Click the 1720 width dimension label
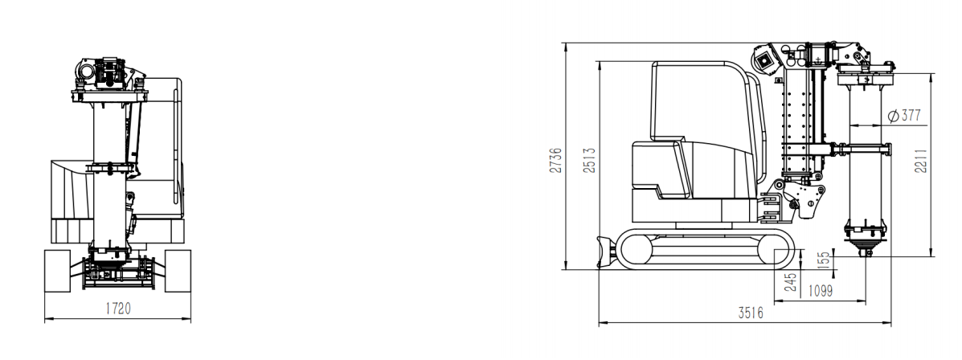[118, 309]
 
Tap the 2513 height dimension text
[590, 160]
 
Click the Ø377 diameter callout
[904, 115]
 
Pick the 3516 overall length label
[751, 313]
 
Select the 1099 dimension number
[820, 292]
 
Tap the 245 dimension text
[791, 281]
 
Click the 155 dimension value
[825, 260]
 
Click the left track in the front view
[57, 271]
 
